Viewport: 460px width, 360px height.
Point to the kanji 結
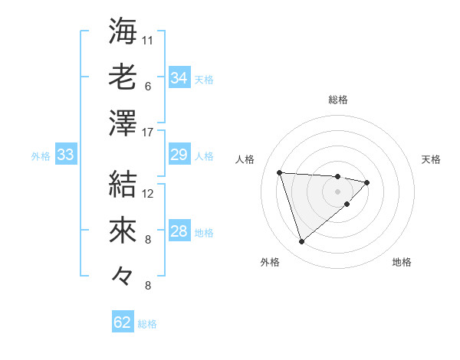tap(123, 183)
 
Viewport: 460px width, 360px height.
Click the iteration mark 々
tap(123, 276)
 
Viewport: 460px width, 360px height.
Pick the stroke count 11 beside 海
tap(148, 40)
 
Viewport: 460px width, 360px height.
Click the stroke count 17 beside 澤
tap(148, 133)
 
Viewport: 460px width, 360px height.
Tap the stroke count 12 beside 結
tap(148, 193)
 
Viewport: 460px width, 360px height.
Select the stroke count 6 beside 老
tap(148, 87)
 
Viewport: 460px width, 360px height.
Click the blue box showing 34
tap(179, 78)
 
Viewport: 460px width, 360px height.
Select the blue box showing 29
tap(179, 155)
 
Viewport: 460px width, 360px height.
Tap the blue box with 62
tap(123, 322)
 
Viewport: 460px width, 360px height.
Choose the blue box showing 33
tap(65, 155)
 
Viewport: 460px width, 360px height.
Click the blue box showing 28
tap(179, 231)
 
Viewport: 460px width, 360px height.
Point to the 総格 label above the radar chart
tap(338, 100)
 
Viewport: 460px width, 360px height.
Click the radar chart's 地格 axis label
tap(402, 262)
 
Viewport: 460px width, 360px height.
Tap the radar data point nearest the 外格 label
tap(301, 242)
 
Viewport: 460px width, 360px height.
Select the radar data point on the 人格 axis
tap(279, 172)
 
